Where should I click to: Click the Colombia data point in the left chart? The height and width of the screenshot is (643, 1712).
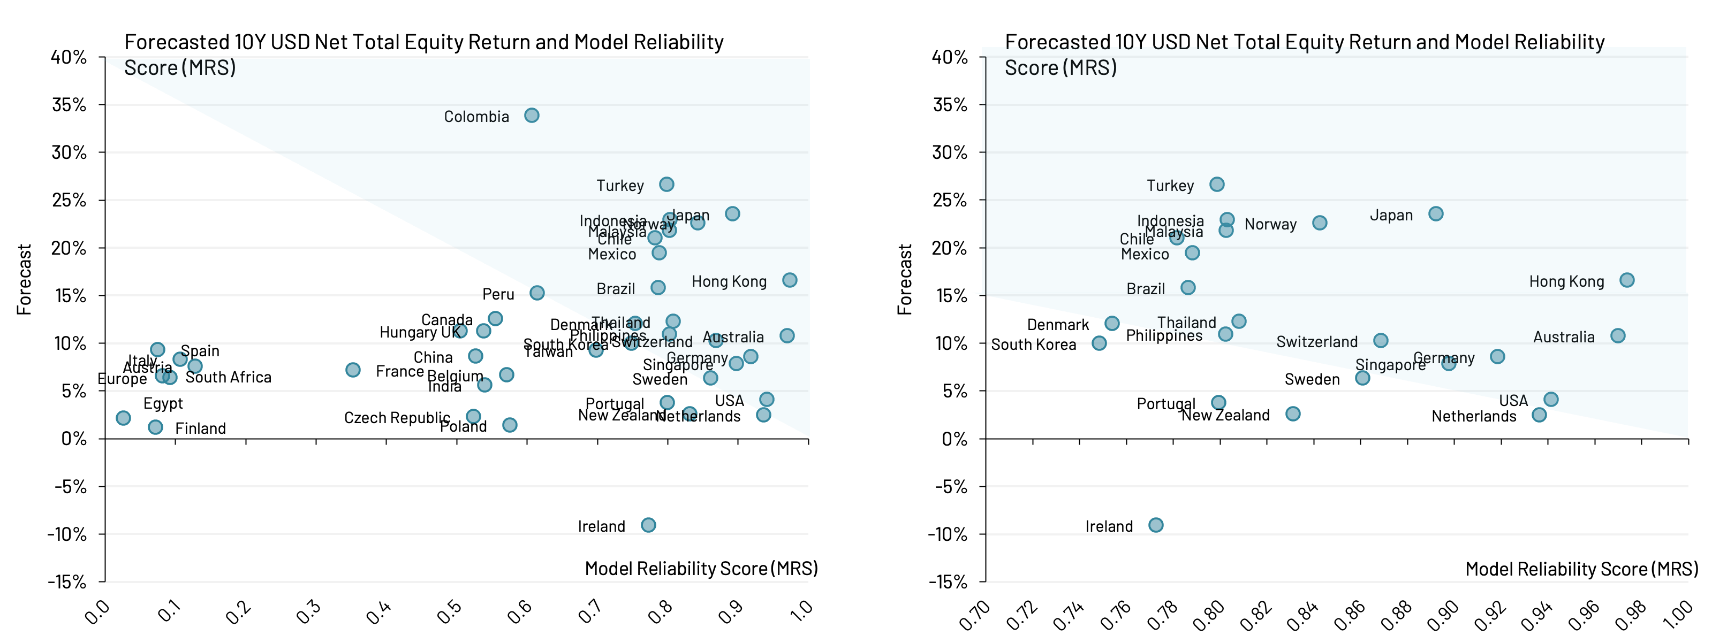532,116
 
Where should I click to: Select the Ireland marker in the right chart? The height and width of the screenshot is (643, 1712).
1156,525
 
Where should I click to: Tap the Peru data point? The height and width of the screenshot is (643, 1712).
537,293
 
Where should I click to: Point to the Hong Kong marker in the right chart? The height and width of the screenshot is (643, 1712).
1626,280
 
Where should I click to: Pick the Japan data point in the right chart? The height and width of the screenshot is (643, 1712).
1436,214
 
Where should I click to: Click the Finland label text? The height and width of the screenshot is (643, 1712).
200,429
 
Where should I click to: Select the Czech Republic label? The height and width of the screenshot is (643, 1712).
397,418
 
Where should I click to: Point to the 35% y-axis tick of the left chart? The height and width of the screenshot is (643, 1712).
69,105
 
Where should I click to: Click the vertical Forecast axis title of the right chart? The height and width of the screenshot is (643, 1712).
905,279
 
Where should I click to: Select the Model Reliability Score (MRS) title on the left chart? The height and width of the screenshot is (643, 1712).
701,569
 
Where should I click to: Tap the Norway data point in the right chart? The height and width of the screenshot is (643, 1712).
1320,223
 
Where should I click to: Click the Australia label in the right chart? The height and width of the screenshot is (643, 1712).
1563,338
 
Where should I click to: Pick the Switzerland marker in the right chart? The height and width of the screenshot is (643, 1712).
1381,341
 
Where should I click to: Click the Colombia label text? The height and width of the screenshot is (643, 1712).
476,117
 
